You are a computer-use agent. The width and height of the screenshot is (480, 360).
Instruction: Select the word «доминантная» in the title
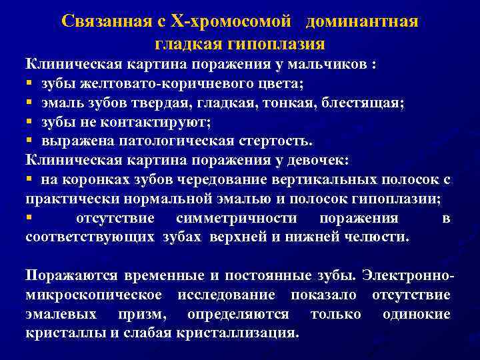[363, 21]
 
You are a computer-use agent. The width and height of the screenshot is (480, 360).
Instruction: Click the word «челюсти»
[375, 237]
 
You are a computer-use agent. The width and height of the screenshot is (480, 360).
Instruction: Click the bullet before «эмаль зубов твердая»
[30, 103]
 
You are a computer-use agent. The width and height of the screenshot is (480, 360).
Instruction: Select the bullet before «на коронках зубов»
[30, 180]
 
